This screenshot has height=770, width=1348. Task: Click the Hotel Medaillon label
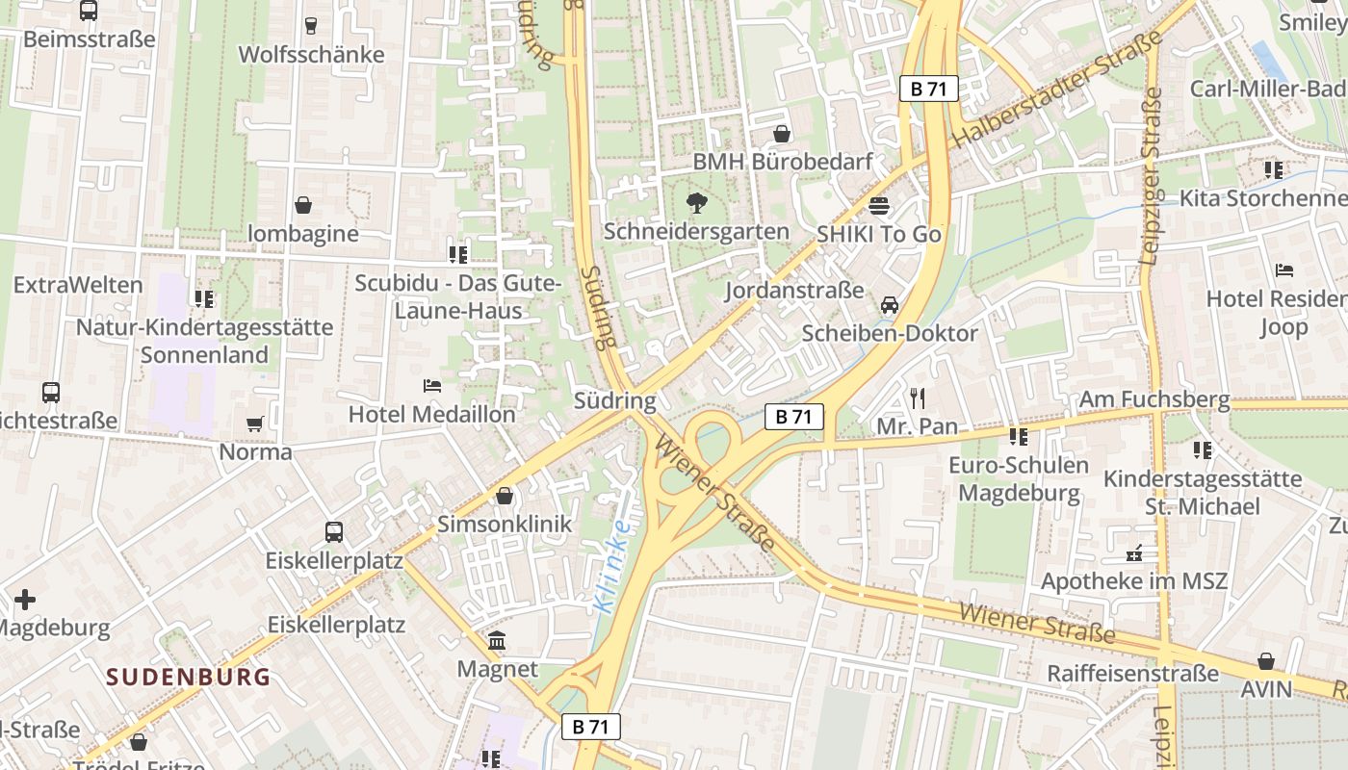pos(431,415)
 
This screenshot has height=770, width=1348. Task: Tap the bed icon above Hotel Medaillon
pos(432,386)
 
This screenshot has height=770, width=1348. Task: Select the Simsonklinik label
pos(505,525)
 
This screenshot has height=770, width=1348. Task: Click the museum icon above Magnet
pos(497,641)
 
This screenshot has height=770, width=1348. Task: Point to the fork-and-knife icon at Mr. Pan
pos(917,398)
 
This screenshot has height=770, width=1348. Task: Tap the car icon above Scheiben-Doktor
pos(889,305)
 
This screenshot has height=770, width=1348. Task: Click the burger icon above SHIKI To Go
pos(878,205)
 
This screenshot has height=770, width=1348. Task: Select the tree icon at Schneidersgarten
pos(695,203)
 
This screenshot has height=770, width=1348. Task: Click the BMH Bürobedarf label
pos(782,162)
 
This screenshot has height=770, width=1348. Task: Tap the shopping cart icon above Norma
pos(255,423)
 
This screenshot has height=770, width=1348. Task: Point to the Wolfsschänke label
pos(311,55)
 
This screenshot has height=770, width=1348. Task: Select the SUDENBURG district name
pos(188,677)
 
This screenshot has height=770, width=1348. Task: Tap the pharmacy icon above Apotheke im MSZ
pos(1134,553)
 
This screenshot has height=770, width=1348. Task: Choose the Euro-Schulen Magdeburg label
pos(1019,479)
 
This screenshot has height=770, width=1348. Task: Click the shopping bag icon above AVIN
pos(1265,661)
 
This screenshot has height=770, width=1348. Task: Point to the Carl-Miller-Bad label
pos(1268,89)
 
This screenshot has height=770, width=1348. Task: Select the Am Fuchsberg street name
pos(1154,398)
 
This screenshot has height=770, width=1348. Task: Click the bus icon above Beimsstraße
pos(89,11)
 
